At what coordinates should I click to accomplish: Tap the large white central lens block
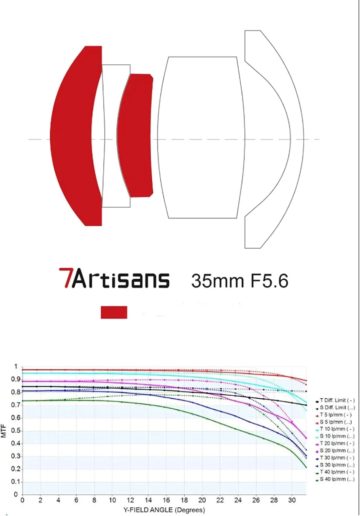point(201,138)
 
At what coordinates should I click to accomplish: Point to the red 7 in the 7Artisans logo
point(65,278)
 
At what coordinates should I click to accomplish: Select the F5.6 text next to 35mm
point(269,281)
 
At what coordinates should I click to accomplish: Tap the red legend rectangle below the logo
point(114,312)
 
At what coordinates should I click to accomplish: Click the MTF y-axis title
point(4,431)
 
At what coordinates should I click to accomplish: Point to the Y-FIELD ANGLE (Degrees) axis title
point(164,510)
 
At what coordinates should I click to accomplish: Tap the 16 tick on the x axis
point(166,500)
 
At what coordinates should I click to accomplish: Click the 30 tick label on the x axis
point(292,500)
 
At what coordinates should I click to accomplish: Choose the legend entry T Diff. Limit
point(337,400)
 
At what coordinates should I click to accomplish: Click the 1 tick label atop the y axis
point(15,367)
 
